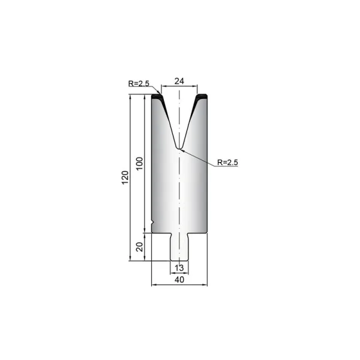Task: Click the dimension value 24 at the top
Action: (x=179, y=81)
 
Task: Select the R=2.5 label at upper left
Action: (x=139, y=83)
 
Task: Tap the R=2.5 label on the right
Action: (x=227, y=163)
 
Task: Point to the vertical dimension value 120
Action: (x=125, y=178)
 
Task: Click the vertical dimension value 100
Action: (x=140, y=163)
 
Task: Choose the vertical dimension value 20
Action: (x=140, y=247)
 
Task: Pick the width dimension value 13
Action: (x=179, y=268)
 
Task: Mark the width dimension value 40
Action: (x=179, y=280)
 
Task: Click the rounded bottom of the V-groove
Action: (x=179, y=148)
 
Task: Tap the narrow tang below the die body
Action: (x=179, y=247)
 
